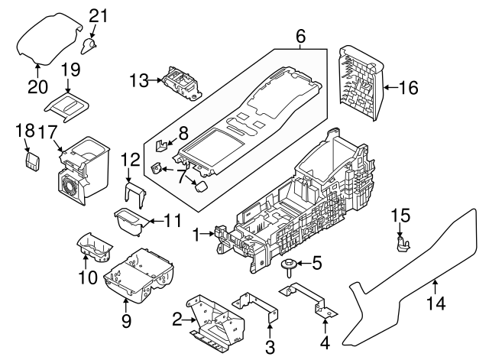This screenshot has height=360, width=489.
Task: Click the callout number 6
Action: click(x=300, y=36)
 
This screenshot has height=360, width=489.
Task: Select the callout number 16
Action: click(x=408, y=88)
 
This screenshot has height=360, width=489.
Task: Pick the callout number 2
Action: click(x=177, y=319)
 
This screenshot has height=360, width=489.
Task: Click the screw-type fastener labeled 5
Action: click(x=290, y=266)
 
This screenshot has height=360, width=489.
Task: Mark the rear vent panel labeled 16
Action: click(x=358, y=83)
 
